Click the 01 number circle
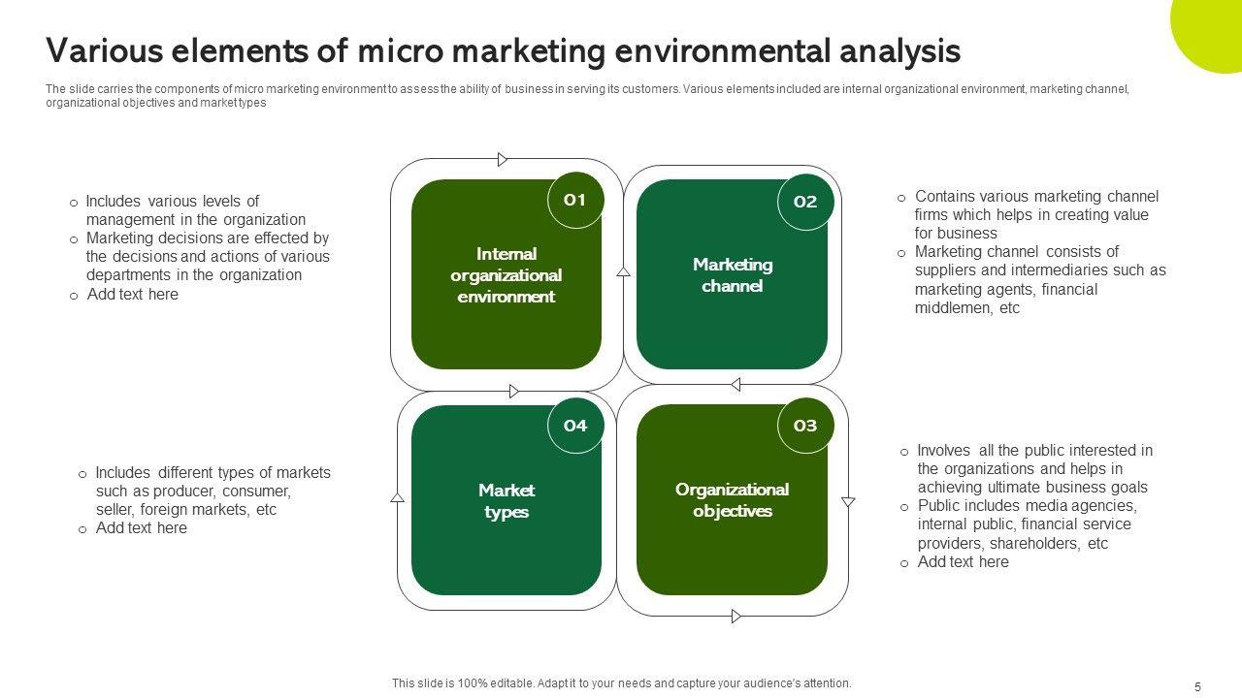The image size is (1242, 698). [575, 201]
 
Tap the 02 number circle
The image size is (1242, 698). [805, 203]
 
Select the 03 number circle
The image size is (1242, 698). [805, 426]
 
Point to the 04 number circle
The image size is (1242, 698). [575, 426]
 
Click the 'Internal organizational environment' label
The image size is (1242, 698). [506, 275]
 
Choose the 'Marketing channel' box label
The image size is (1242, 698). [733, 275]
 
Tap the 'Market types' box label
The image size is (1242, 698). [506, 500]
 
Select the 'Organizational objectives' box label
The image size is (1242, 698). [733, 500]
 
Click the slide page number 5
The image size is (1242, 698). [1197, 686]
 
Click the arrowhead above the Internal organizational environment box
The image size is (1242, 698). [503, 159]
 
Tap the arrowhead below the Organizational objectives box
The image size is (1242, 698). [735, 616]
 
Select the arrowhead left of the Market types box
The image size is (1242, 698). [397, 497]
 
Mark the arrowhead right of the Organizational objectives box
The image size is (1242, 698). [848, 501]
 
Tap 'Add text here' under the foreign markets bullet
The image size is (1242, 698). [141, 528]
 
